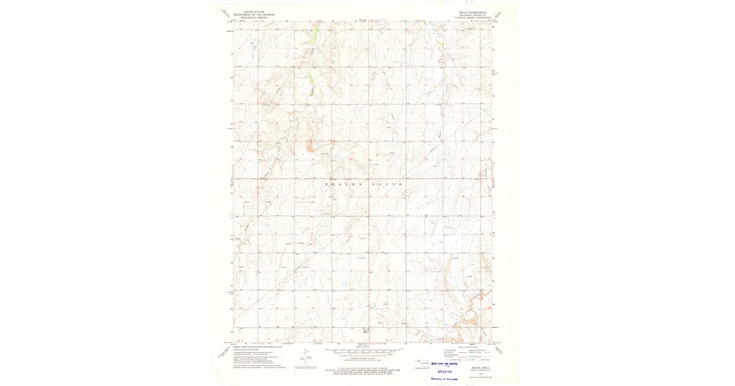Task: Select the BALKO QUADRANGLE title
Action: pyautogui.click(x=472, y=12)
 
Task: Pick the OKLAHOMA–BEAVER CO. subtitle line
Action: pyautogui.click(x=473, y=15)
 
